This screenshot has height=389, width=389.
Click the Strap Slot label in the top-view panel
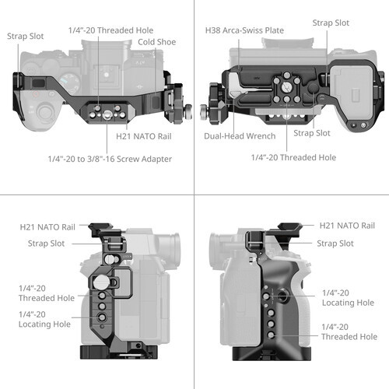click(26, 35)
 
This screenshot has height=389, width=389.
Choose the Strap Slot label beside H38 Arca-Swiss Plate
click(331, 23)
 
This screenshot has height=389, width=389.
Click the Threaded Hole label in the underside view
click(293, 157)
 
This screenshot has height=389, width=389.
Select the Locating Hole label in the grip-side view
click(348, 297)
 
